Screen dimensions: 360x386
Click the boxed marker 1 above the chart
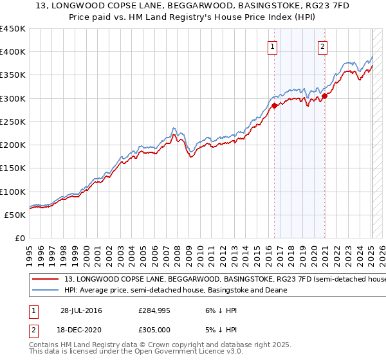(273, 46)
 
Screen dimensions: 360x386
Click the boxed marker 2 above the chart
(322, 46)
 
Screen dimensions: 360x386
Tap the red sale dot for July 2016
(274, 105)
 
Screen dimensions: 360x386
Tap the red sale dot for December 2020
(325, 96)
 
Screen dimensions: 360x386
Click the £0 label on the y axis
(19, 239)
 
